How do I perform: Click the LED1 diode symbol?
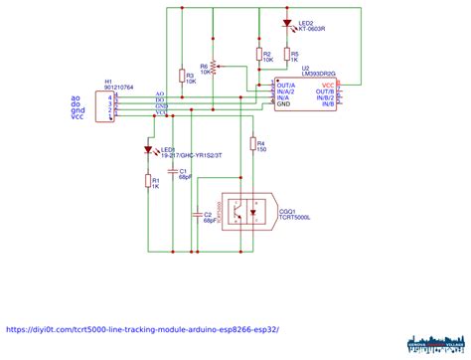[149, 151]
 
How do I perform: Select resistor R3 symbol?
[182, 76]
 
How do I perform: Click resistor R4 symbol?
[253, 146]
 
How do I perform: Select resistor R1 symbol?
[149, 181]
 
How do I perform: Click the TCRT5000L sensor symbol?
[245, 211]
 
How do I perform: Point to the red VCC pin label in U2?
[328, 86]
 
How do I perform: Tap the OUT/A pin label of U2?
[285, 86]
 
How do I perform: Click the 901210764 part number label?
[118, 88]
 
